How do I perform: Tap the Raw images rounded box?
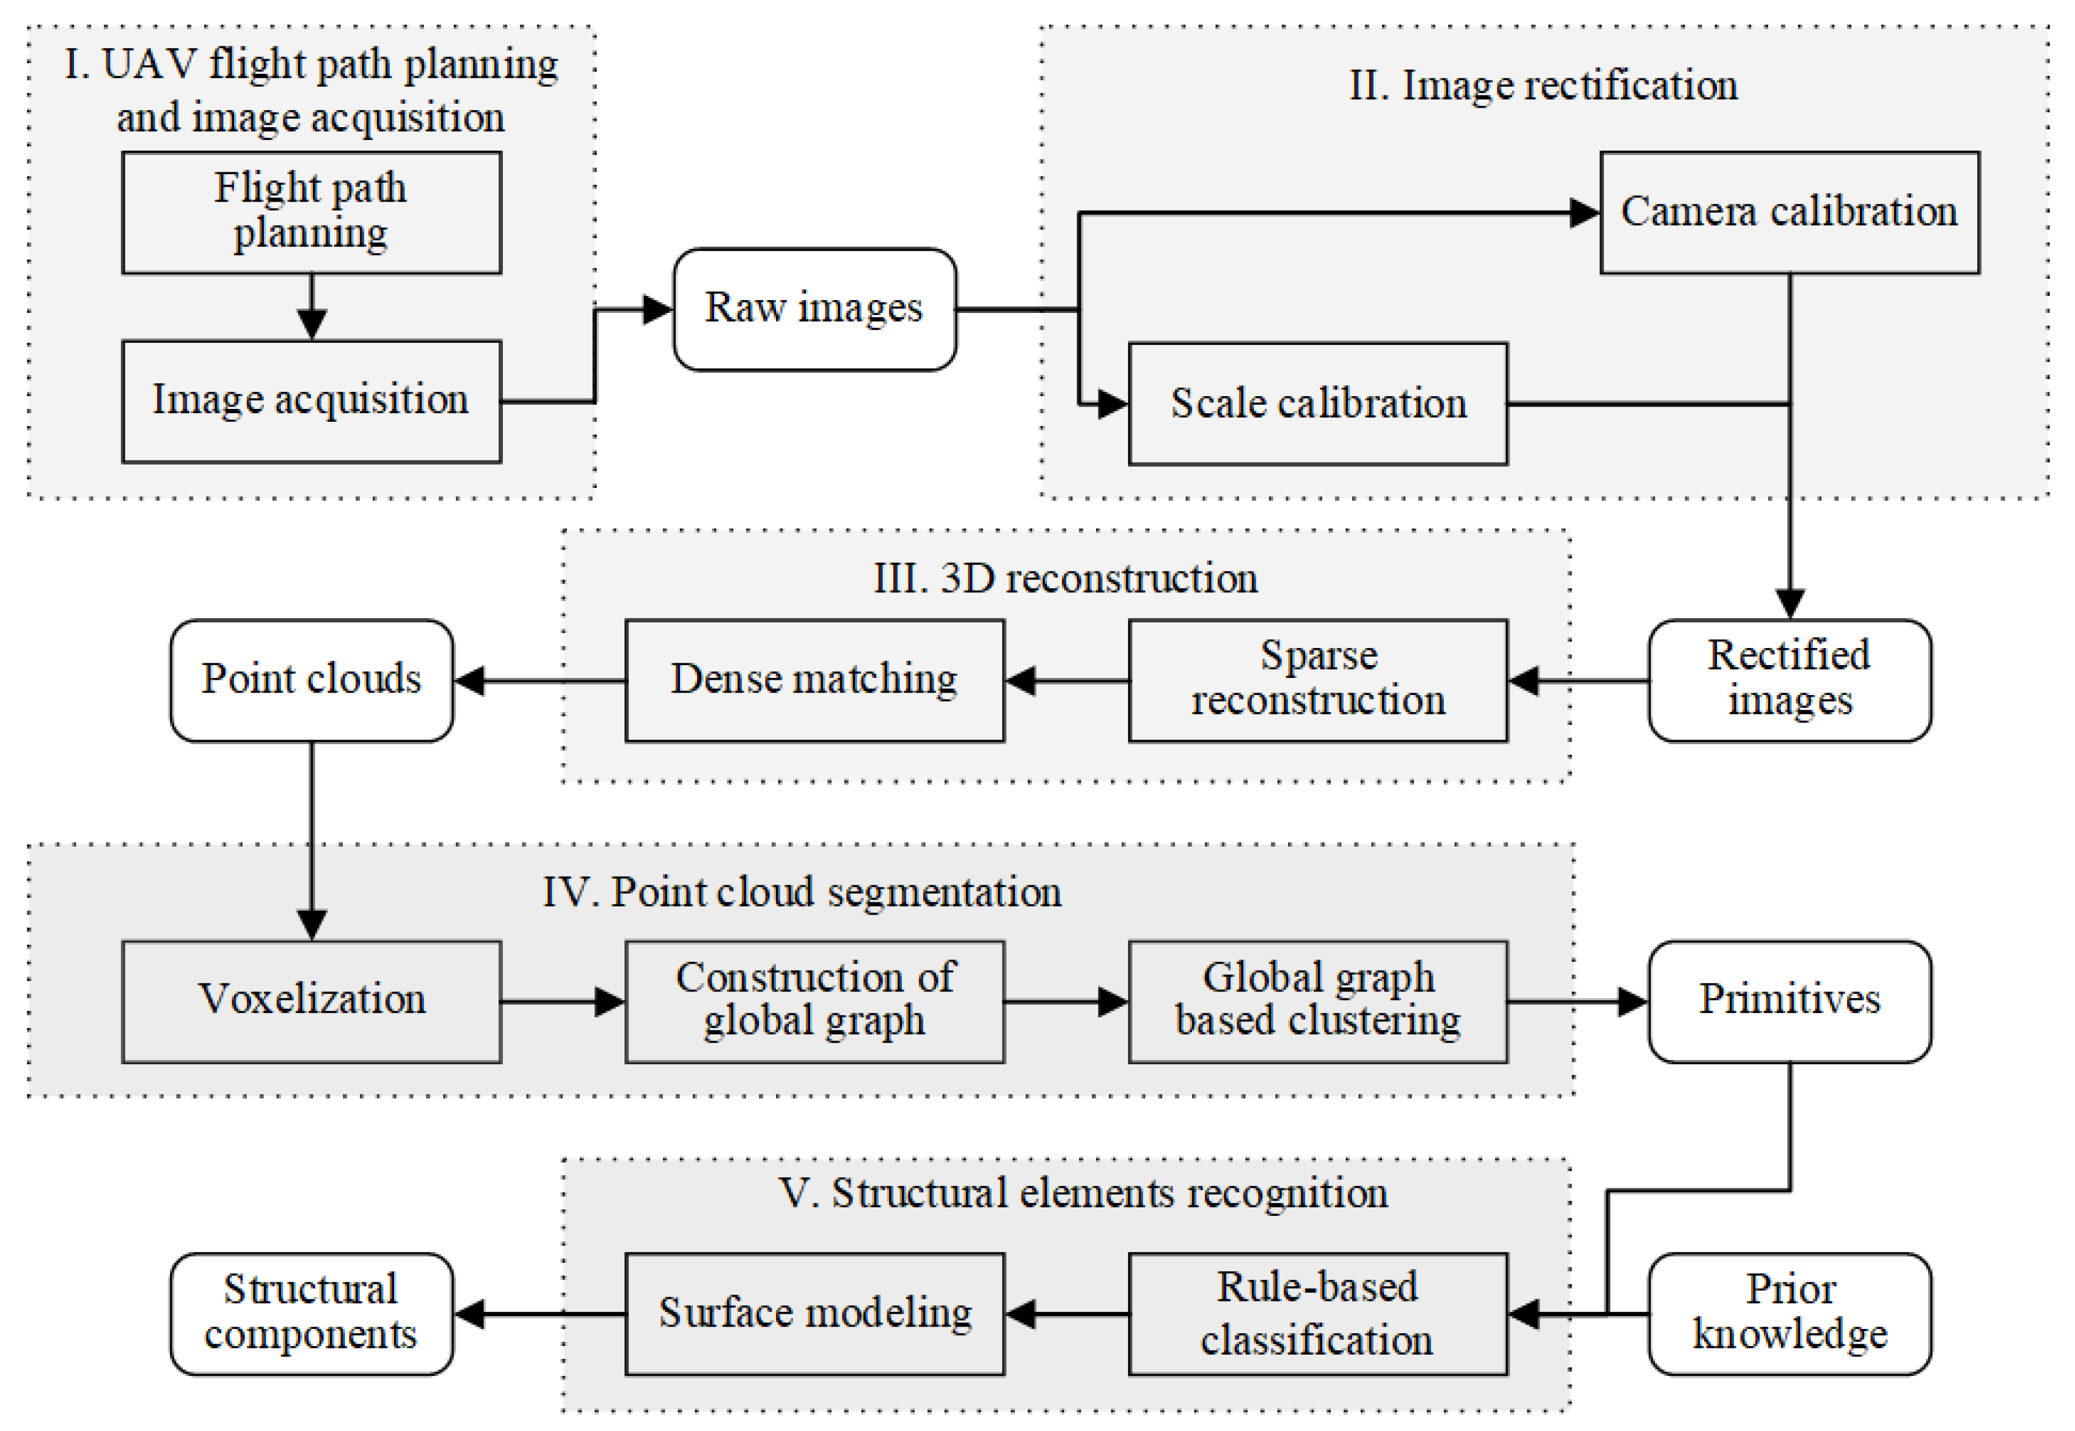point(814,309)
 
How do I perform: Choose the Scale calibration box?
point(1317,403)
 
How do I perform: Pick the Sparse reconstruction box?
point(1317,680)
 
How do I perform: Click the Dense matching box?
point(814,680)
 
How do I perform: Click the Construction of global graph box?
point(814,1001)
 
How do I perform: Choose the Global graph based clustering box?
point(1317,1001)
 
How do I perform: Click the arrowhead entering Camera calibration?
point(1584,213)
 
